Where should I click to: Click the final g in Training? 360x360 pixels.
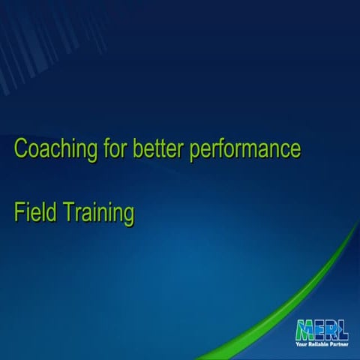coord(129,216)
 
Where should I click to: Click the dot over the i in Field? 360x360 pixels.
coord(28,204)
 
